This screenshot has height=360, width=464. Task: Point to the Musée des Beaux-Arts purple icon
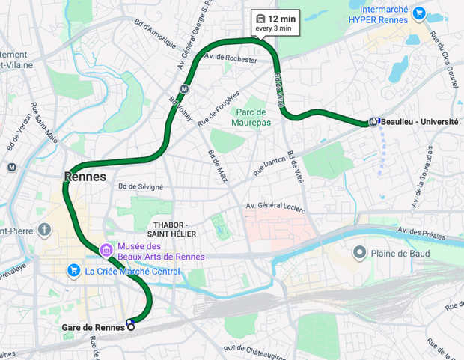coord(106,249)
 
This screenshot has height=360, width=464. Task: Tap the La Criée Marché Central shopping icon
coord(73,270)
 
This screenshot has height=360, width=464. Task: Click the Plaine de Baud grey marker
coord(360,253)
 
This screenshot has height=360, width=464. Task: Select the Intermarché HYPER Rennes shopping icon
coord(419,13)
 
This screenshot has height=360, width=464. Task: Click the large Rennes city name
coord(85,177)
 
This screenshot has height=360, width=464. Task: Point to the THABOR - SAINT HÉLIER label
coord(174,229)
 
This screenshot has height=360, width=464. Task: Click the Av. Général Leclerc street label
coord(276,207)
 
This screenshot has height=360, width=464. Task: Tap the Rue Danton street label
coord(269,163)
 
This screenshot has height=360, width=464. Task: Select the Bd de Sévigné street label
coord(140,186)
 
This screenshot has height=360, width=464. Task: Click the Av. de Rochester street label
coord(231,57)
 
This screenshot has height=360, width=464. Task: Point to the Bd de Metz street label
coord(220,166)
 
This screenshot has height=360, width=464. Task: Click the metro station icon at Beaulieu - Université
coord(373,122)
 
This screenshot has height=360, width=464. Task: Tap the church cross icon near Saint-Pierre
coord(44,229)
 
